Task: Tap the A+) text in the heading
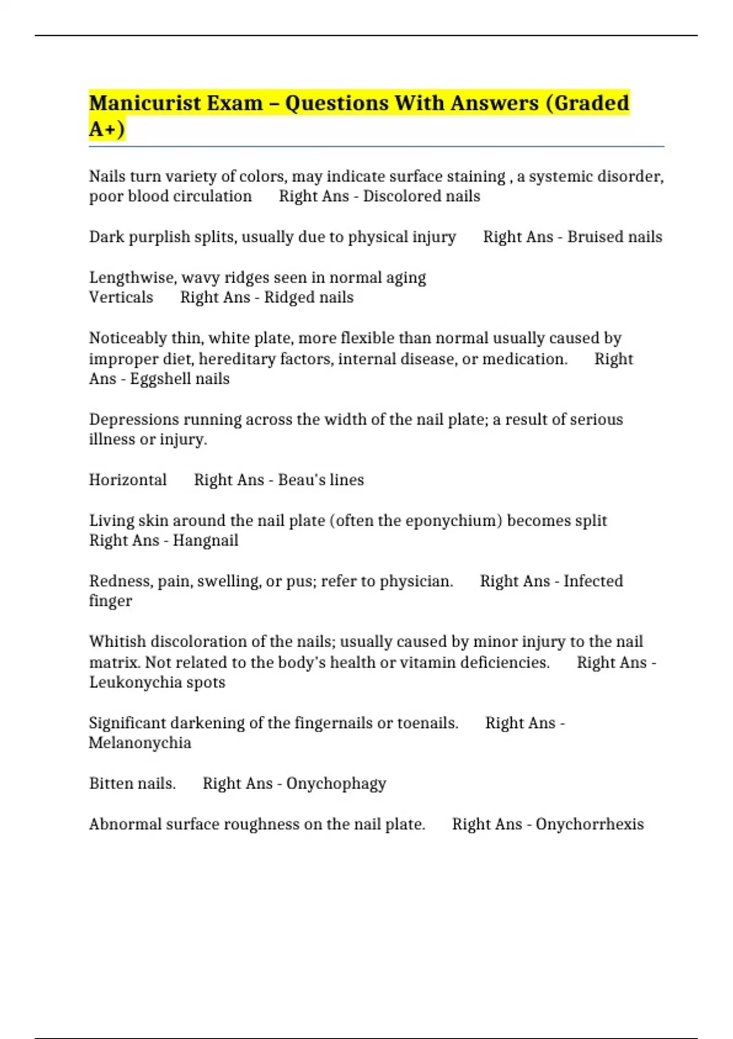(107, 129)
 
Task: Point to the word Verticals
(121, 298)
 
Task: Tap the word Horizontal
(128, 480)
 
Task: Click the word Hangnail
(205, 540)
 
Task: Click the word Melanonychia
(140, 743)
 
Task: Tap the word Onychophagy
(336, 784)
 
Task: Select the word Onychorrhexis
(589, 824)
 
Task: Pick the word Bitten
(110, 784)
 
